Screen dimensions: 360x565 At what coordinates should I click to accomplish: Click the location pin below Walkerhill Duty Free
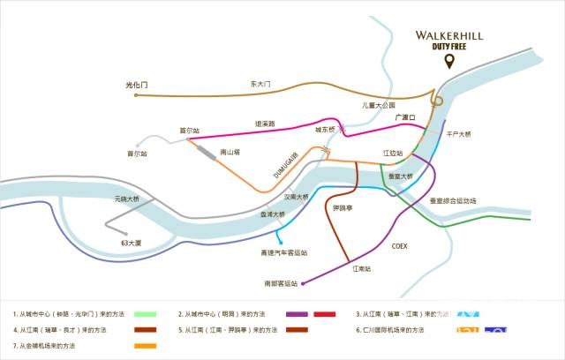pos(450,62)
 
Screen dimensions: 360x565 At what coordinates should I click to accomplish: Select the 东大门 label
pos(260,84)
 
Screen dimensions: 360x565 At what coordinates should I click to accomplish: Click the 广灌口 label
pos(405,116)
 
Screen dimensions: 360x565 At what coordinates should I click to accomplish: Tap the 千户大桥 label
pos(459,134)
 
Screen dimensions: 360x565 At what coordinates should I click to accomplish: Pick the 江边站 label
pos(393,153)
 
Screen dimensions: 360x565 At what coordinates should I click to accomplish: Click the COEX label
pos(399,246)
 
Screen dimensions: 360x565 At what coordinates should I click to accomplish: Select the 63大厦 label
pos(132,242)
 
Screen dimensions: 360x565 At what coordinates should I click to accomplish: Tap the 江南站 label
pos(361,267)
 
